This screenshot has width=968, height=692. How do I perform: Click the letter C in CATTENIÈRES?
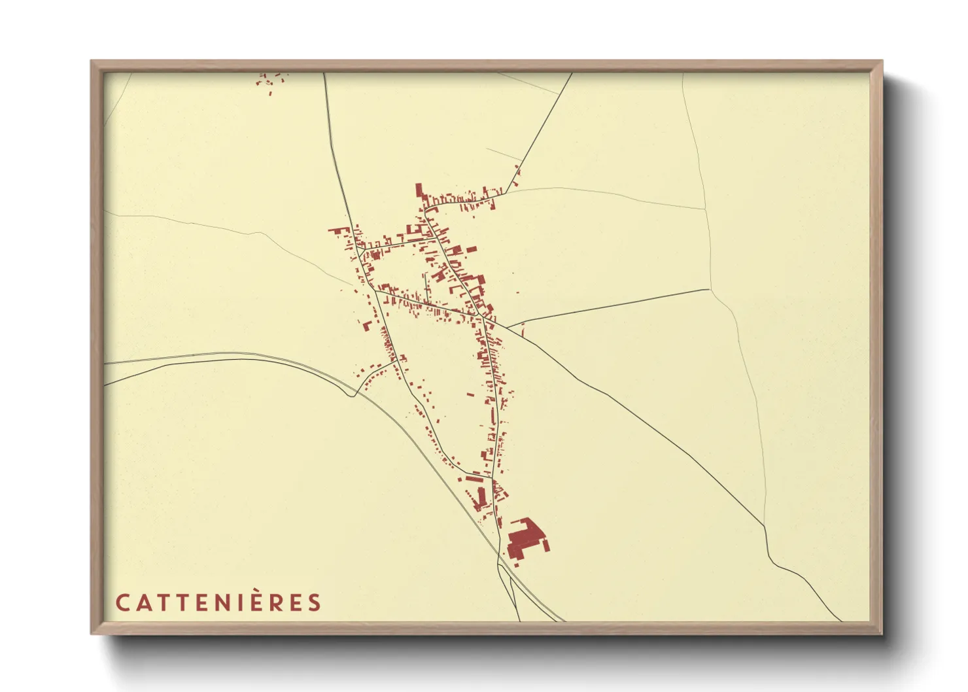(x=122, y=602)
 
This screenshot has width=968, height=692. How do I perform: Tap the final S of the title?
(x=315, y=602)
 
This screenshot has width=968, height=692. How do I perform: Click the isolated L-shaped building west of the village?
(x=368, y=326)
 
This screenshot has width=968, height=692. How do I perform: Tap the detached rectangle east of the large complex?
(x=545, y=544)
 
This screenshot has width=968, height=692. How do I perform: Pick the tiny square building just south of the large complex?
(x=517, y=560)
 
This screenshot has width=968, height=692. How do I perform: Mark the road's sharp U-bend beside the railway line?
(x=354, y=394)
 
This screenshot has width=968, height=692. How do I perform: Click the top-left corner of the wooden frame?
(x=92, y=61)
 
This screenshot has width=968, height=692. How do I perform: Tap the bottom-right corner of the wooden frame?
(x=881, y=633)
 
